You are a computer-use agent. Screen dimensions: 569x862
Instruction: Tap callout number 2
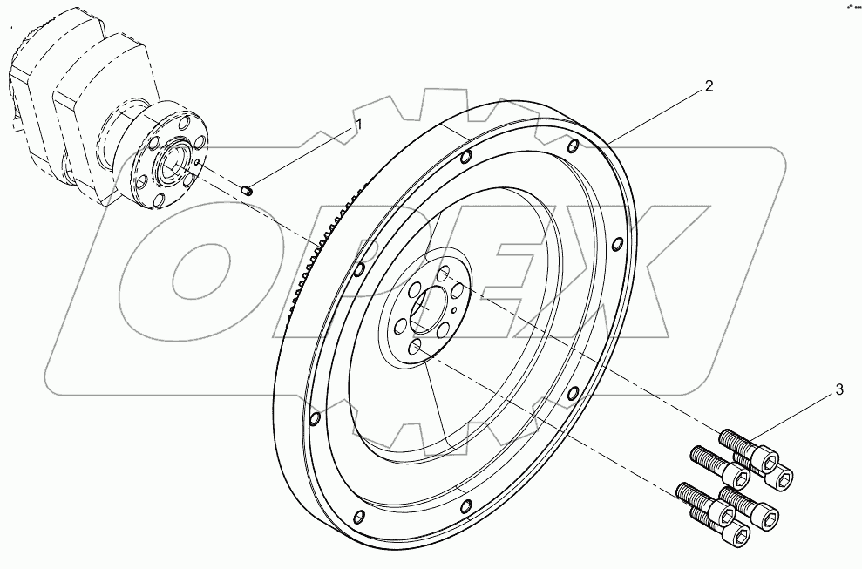[709, 85]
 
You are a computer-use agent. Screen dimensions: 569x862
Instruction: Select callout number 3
[839, 389]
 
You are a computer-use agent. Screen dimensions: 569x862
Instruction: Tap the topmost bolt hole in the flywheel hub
[443, 273]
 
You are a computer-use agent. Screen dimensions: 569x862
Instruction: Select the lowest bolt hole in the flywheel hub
[416, 347]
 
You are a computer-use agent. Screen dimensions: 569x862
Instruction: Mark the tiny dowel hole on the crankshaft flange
[200, 161]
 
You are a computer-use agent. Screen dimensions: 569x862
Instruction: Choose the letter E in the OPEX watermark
[506, 279]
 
